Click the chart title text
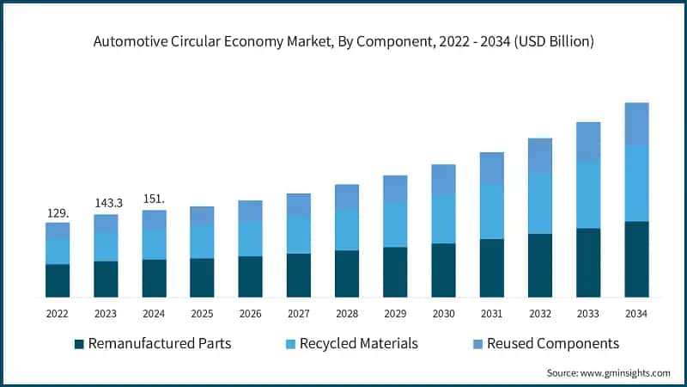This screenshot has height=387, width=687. pos(343,41)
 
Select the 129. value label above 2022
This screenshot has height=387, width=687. pos(58,212)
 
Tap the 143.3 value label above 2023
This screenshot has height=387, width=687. pos(106,203)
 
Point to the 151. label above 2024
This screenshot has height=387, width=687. pos(154,199)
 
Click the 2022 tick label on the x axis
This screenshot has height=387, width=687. pos(58,315)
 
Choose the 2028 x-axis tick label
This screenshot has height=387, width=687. pos(346,315)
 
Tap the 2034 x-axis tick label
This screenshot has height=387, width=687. pos(635,315)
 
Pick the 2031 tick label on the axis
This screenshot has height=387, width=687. pos(491,315)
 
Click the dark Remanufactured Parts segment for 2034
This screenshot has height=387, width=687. pos(636,259)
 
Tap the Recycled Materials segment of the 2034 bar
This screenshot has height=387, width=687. pos(636,183)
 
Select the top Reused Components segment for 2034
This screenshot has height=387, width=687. pos(636,124)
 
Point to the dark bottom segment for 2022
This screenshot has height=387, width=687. pos(58,280)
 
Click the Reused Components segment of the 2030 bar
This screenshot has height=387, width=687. pos(443,179)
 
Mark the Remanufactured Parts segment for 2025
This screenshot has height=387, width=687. pos(202,277)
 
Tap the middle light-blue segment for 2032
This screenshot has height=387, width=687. pos(539,203)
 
